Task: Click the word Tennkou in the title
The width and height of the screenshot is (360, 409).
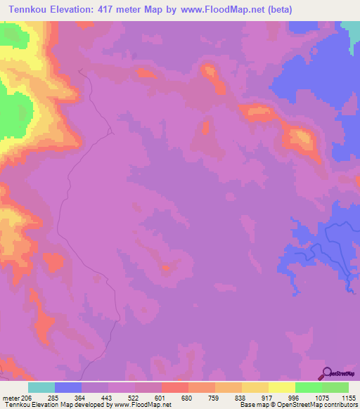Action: (27, 9)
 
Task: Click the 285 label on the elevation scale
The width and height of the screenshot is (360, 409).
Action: (68, 397)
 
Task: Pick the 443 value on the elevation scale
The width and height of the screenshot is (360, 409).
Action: (122, 397)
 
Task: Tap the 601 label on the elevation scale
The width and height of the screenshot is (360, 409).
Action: (174, 397)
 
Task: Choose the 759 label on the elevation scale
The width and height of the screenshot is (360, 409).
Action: (228, 397)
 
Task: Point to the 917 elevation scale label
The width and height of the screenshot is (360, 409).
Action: (281, 397)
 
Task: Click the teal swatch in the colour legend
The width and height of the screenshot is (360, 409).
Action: (41, 387)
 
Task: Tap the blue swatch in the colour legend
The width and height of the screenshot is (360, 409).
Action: (68, 387)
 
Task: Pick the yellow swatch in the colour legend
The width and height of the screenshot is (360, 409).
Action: (282, 387)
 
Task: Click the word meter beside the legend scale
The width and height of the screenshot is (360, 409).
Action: (11, 397)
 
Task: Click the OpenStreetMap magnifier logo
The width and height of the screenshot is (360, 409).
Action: (326, 373)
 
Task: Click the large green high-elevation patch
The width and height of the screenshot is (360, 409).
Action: (14, 112)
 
